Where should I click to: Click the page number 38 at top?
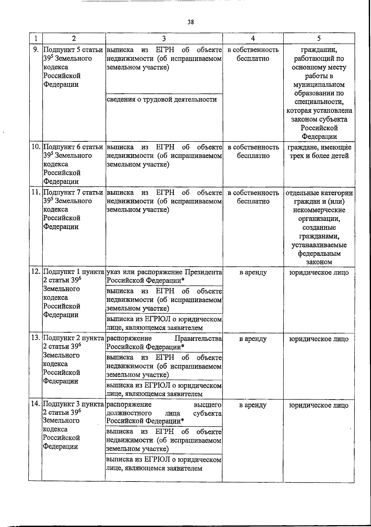pyautogui.click(x=191, y=22)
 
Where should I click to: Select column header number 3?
pyautogui.click(x=164, y=38)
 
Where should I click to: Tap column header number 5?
pyautogui.click(x=319, y=38)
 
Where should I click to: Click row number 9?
pyautogui.click(x=36, y=50)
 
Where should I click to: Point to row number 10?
pyautogui.click(x=36, y=147)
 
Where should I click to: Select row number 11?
pyautogui.click(x=36, y=192)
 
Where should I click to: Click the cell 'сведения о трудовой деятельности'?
pyautogui.click(x=161, y=99)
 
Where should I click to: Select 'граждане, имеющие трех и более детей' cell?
pyautogui.click(x=319, y=151)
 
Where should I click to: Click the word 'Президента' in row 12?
pyautogui.click(x=203, y=272)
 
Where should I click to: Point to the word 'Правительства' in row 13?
pyautogui.click(x=198, y=338)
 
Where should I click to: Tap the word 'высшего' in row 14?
pyautogui.click(x=207, y=404)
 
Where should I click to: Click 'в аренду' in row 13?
pyautogui.click(x=253, y=339)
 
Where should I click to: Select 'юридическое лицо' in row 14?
pyautogui.click(x=319, y=405)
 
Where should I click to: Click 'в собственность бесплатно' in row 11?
pyautogui.click(x=253, y=197)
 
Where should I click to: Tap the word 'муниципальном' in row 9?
pyautogui.click(x=319, y=84)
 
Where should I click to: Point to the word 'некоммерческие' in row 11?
pyautogui.click(x=319, y=210)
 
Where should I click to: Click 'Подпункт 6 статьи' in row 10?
pyautogui.click(x=73, y=147)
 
